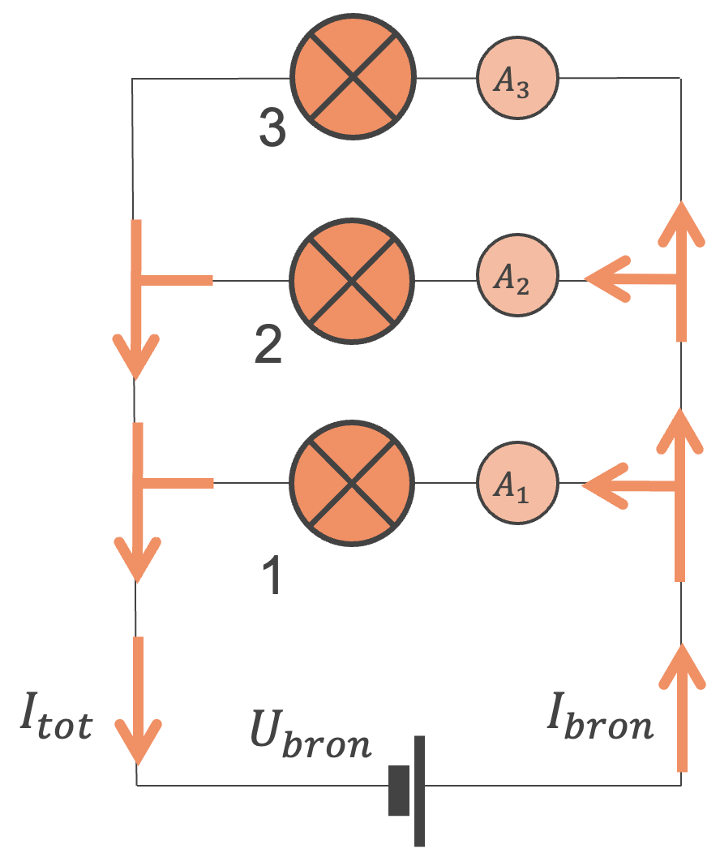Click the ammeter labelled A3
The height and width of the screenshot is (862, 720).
coord(516,79)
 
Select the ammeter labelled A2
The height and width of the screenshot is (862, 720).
coord(516,280)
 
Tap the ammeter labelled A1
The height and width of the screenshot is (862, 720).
coord(516,485)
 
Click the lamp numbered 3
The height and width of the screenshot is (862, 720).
coord(353,79)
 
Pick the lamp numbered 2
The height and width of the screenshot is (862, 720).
coord(353,280)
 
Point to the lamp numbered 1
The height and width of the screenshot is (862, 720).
coord(353,485)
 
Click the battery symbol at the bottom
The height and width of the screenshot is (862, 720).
coord(408,789)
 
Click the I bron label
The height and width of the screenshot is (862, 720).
coord(600,720)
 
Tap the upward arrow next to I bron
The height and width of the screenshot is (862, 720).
coord(681,706)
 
